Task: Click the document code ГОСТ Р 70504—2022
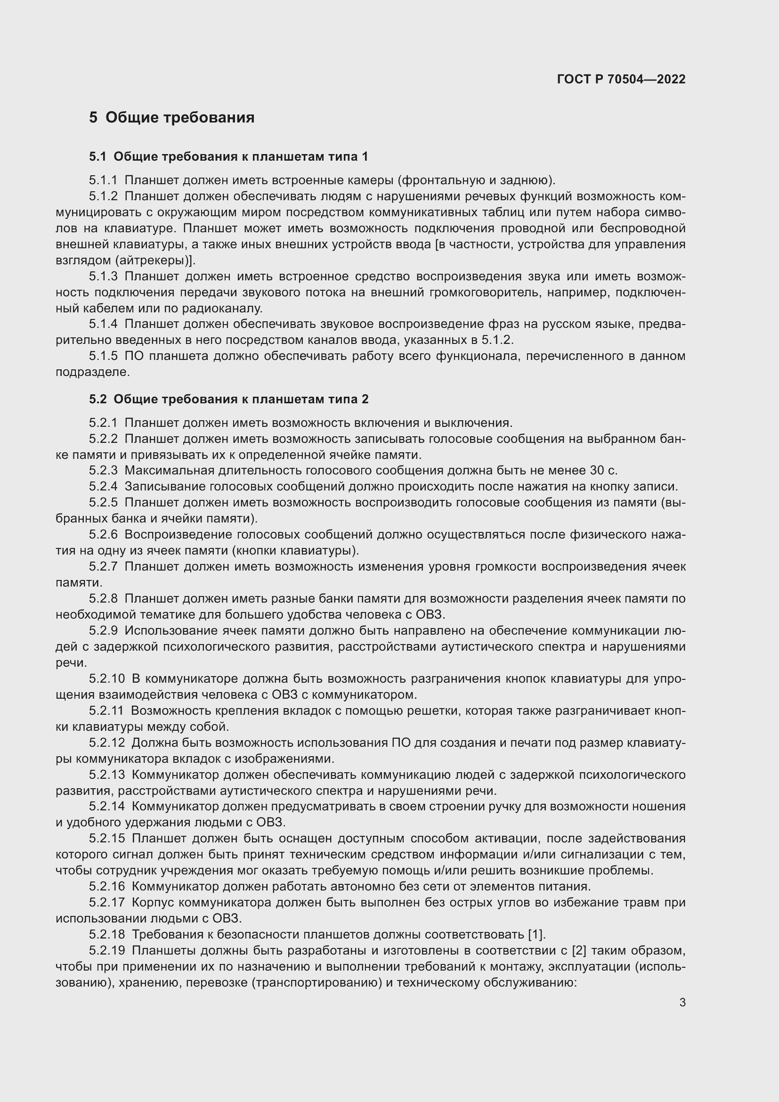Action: [x=621, y=79]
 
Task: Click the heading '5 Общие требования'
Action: [x=171, y=117]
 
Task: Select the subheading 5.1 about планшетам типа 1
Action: [x=228, y=156]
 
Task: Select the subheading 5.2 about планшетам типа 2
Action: [x=228, y=399]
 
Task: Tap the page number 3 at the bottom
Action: [x=682, y=1002]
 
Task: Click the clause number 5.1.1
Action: [x=103, y=180]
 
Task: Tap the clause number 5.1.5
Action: [x=103, y=356]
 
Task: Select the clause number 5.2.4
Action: [x=103, y=486]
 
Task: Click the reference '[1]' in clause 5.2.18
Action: [x=536, y=934]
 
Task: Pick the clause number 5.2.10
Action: [x=106, y=678]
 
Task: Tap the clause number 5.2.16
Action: [x=106, y=886]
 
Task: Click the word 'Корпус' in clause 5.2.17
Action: [x=152, y=902]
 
